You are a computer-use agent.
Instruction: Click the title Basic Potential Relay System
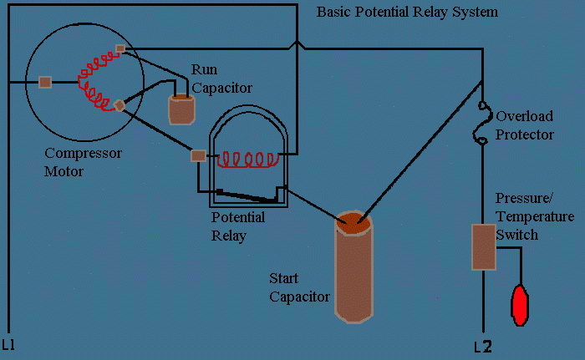point(407,13)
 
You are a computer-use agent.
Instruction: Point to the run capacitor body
point(181,109)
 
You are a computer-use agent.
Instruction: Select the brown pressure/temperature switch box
point(484,246)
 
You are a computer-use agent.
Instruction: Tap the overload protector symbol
point(482,124)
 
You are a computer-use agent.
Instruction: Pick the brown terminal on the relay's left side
point(198,155)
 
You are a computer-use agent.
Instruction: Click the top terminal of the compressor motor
point(120,48)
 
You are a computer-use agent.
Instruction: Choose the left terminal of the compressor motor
point(45,82)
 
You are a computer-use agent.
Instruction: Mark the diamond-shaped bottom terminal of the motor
point(120,105)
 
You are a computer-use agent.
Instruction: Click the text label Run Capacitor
point(221,78)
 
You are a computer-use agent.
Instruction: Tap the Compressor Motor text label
point(83,162)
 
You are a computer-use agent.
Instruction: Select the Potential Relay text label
point(238,226)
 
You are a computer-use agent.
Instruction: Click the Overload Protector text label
point(525,124)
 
